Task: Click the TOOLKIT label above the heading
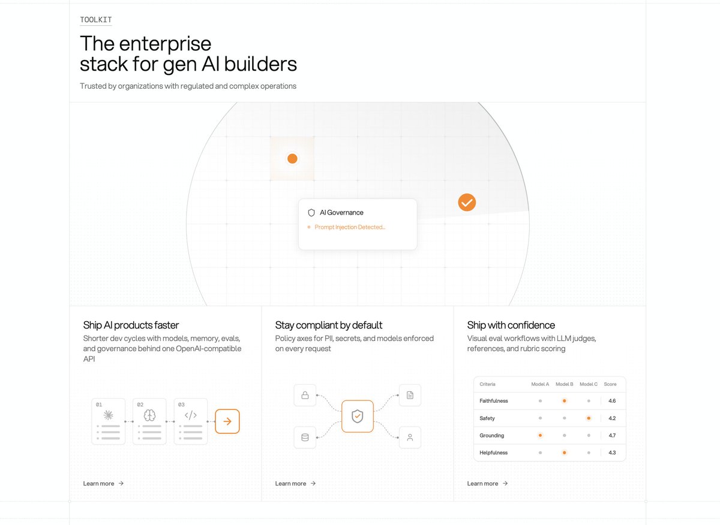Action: [x=96, y=20]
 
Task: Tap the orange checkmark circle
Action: [x=467, y=203]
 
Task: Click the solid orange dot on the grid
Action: [x=292, y=159]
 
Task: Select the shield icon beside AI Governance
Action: [x=311, y=213]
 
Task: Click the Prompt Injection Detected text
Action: [x=350, y=227]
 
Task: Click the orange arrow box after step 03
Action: [x=227, y=421]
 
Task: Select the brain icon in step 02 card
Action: [x=149, y=415]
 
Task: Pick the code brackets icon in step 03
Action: [x=191, y=415]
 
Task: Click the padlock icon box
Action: [x=305, y=395]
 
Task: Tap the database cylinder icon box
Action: [x=305, y=437]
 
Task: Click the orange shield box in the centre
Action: [x=358, y=416]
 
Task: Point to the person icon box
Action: [x=410, y=437]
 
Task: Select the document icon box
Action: [x=410, y=395]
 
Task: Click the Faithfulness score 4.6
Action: [x=612, y=401]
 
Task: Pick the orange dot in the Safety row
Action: [x=589, y=418]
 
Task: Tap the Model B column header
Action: [x=565, y=384]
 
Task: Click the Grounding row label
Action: [x=491, y=436]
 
